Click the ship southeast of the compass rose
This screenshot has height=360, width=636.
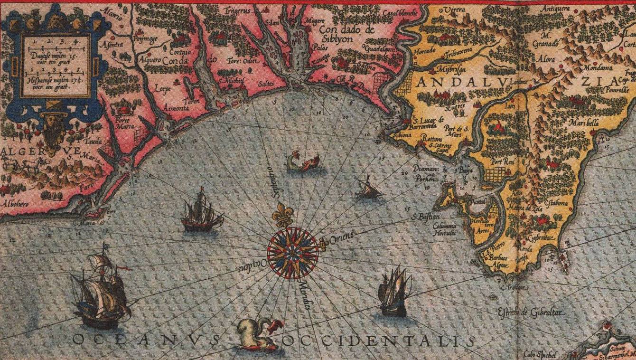click(394, 291)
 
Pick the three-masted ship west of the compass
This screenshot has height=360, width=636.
click(201, 212)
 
